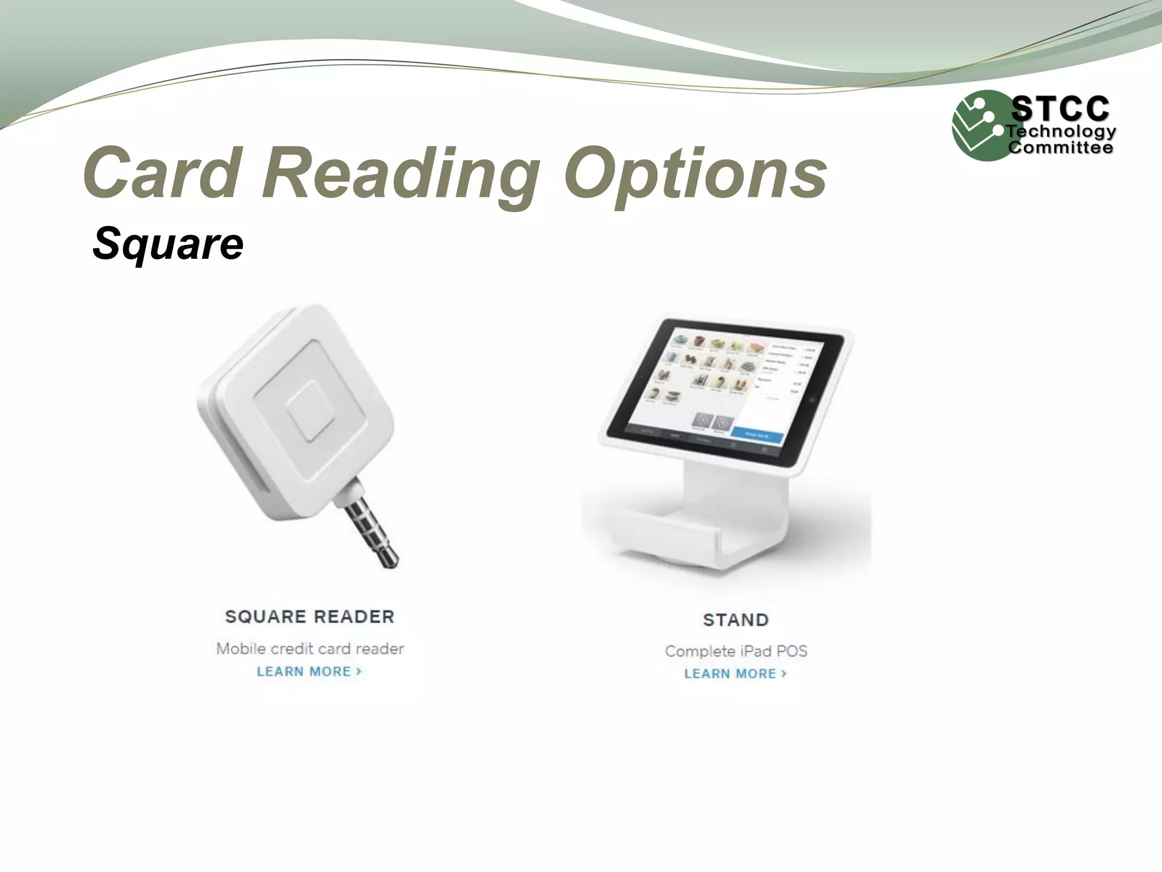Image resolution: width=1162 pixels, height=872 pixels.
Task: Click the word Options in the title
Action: (x=694, y=173)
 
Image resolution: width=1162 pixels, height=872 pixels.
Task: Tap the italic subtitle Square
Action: (x=168, y=244)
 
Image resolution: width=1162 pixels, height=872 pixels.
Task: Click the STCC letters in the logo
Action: (x=1060, y=108)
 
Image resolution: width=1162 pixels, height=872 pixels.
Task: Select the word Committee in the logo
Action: (x=1060, y=148)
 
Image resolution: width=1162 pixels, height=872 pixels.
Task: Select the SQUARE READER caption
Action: (x=309, y=617)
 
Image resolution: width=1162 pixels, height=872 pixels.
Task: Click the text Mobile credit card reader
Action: (x=310, y=648)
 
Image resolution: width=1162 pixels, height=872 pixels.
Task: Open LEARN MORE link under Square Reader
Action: (x=309, y=672)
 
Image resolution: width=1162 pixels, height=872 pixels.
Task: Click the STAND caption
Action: (x=736, y=620)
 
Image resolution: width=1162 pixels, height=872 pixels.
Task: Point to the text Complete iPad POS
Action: (x=736, y=651)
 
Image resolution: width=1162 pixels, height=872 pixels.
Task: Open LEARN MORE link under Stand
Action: (x=735, y=674)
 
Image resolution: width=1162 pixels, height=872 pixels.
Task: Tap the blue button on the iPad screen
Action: (x=757, y=435)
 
